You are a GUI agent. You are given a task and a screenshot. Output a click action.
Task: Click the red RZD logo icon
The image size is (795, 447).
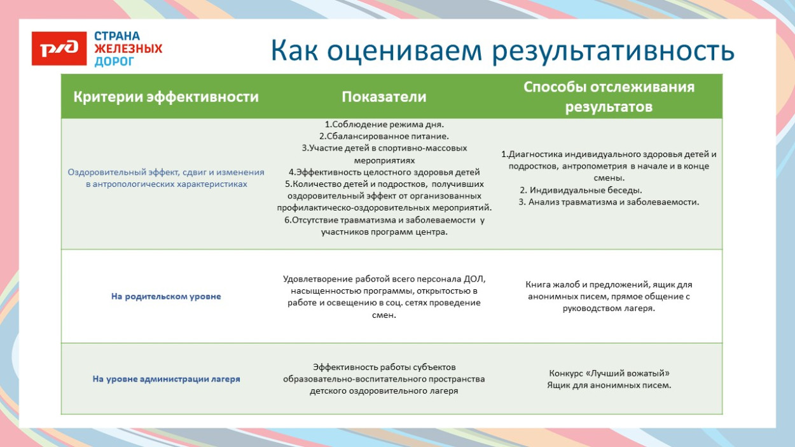59,49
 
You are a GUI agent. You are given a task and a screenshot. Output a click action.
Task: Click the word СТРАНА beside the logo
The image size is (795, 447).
117,36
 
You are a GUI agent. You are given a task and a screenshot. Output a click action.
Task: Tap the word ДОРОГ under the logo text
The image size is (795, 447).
114,61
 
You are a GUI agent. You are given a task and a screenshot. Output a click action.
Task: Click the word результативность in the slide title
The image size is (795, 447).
613,52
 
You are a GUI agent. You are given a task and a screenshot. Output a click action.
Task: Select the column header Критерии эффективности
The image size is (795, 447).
166,97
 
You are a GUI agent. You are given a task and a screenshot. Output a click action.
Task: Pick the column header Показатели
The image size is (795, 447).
384,97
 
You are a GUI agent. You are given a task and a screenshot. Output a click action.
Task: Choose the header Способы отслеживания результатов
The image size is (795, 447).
609,97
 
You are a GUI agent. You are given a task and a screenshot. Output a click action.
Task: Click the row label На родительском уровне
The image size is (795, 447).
166,296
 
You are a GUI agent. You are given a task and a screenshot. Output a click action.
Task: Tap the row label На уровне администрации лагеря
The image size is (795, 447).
166,378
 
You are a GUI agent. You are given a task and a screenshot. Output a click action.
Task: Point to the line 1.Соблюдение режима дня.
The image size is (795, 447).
384,125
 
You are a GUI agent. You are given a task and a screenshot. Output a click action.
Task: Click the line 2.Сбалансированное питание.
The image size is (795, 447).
384,136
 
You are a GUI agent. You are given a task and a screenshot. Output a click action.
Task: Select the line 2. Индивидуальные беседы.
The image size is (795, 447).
581,190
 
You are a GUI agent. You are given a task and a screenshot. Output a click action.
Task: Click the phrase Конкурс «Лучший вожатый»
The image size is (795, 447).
609,373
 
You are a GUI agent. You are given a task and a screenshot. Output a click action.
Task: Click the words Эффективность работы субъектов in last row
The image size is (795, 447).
384,367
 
